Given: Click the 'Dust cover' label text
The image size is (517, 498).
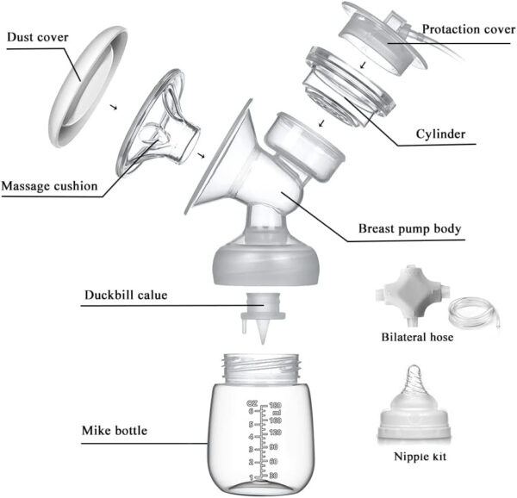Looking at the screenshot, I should [39, 37].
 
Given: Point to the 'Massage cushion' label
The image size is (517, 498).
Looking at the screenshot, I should [48, 186].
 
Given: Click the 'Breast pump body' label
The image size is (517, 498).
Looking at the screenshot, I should [410, 231].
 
